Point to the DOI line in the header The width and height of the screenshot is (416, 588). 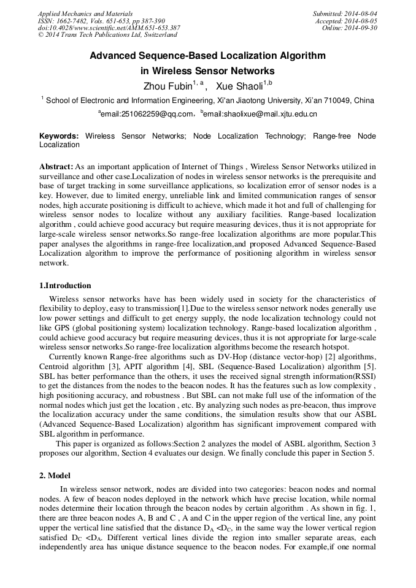(109, 28)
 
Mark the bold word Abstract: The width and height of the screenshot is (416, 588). (56, 167)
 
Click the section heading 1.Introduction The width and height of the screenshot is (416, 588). (65, 286)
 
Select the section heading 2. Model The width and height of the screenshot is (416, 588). (55, 476)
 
